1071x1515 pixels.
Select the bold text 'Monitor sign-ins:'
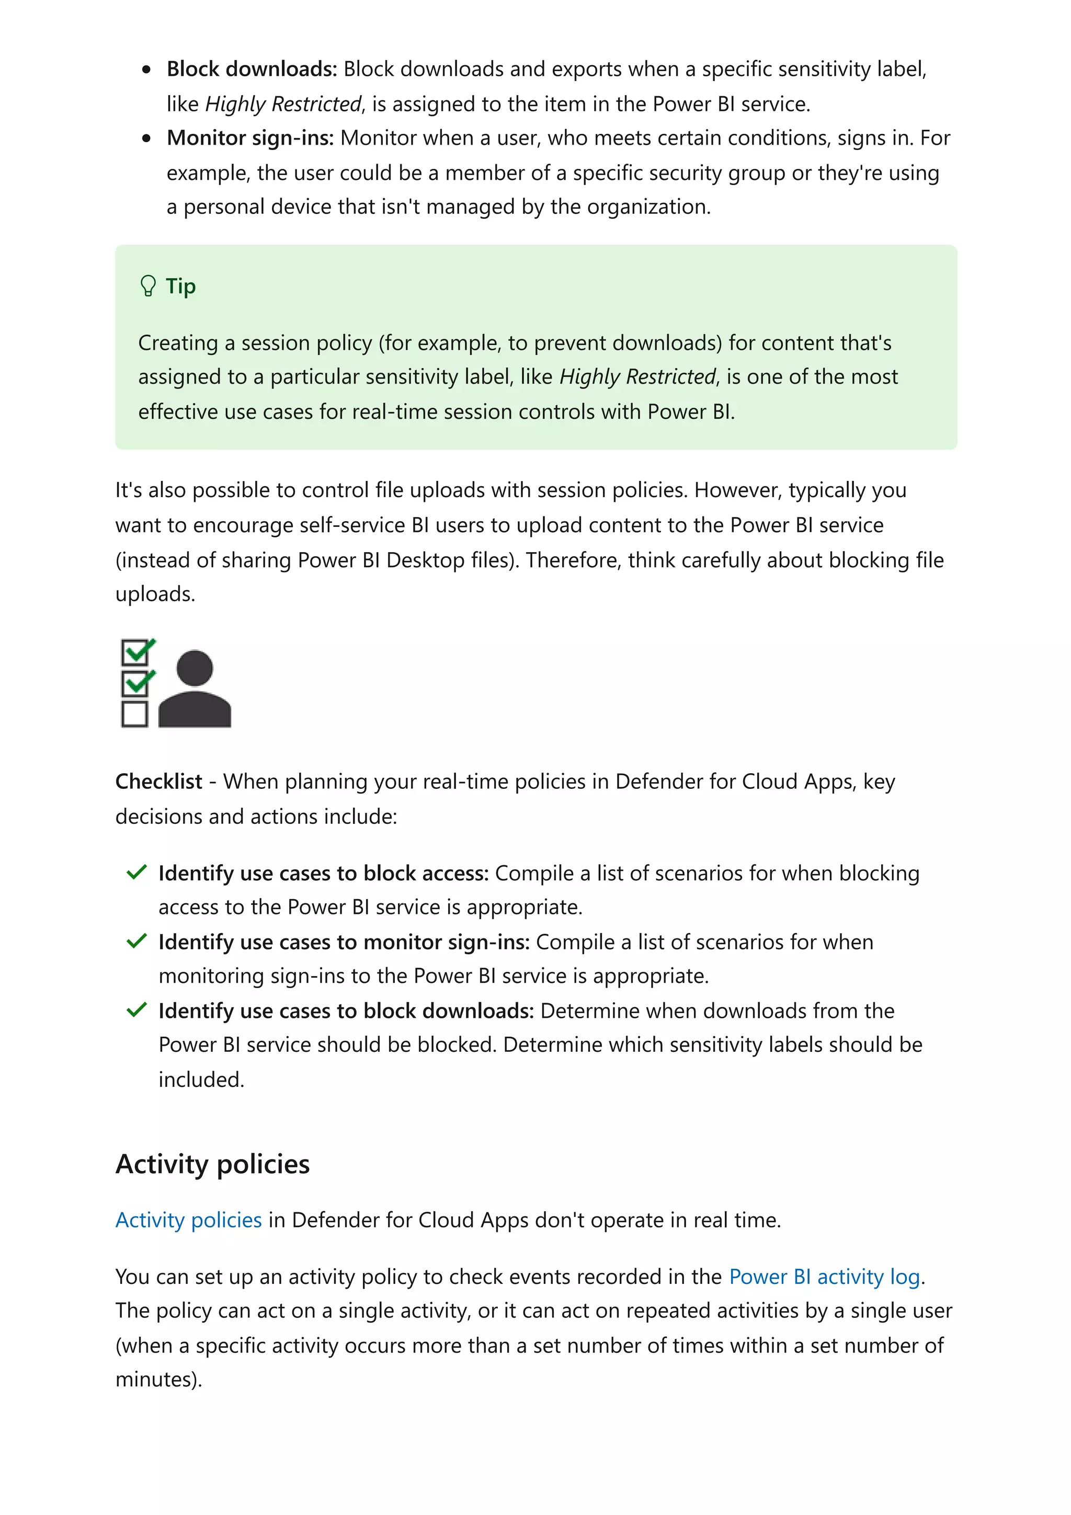tap(250, 138)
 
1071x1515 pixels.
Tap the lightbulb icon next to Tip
tap(148, 286)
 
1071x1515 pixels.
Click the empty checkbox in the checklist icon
tap(134, 714)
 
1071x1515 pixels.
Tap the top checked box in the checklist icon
tap(136, 652)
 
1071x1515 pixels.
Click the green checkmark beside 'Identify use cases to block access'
tap(136, 873)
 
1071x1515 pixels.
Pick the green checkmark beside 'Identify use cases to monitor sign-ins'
tap(136, 941)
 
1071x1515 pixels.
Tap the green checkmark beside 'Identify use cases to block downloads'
tap(136, 1009)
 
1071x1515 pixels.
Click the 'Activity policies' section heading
tap(212, 1164)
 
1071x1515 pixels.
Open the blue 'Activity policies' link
tap(189, 1220)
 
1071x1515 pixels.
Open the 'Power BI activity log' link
tap(824, 1277)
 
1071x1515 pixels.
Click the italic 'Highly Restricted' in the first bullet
tap(283, 104)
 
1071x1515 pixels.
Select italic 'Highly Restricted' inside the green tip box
tap(637, 377)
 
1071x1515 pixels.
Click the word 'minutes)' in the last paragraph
tap(158, 1380)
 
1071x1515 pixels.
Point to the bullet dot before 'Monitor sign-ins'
tap(146, 139)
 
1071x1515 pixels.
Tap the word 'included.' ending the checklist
tap(201, 1080)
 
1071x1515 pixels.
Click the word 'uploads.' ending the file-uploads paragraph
tap(155, 594)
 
